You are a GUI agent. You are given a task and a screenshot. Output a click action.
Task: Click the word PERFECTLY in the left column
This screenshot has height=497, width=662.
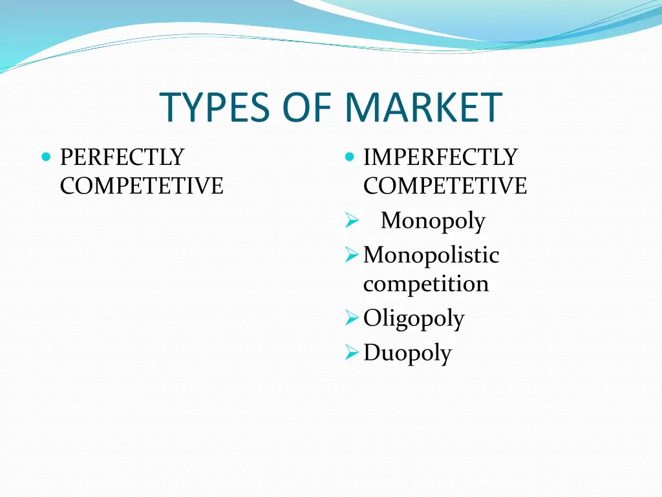[x=122, y=157]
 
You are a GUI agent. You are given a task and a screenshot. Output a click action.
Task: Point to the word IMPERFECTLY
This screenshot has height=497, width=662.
[x=440, y=157]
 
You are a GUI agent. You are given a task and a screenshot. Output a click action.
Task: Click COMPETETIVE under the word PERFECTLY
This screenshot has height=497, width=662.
[x=142, y=186]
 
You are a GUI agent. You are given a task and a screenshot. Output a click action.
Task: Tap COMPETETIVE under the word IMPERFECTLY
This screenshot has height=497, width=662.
[x=445, y=186]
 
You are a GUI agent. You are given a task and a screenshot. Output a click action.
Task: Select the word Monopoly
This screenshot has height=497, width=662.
[x=432, y=221]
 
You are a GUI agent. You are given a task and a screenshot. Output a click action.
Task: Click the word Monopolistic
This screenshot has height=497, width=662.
[x=431, y=255]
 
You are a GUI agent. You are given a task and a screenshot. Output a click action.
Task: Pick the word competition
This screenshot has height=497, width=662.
[x=426, y=283]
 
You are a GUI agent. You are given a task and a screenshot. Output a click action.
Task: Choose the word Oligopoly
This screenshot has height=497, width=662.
[x=414, y=318]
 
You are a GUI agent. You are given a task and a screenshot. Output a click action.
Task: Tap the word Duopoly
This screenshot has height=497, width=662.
[x=407, y=353]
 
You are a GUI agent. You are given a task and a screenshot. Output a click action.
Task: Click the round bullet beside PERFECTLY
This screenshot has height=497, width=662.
[x=45, y=157]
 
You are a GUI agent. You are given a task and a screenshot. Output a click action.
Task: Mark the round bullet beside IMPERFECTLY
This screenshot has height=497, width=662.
[x=349, y=157]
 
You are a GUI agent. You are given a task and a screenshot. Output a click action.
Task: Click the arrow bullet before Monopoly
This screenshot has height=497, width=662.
[x=351, y=223]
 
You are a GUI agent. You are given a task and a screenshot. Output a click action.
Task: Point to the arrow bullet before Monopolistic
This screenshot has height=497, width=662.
[x=351, y=256]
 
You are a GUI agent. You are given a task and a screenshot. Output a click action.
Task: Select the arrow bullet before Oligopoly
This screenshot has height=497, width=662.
[x=351, y=318]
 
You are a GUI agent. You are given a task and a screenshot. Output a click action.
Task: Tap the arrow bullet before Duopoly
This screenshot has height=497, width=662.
[x=351, y=353]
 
